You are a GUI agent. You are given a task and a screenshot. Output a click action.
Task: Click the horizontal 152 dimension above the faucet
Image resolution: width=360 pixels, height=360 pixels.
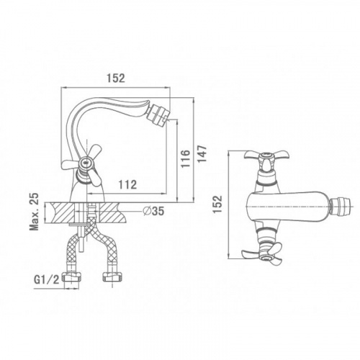(x=116, y=78)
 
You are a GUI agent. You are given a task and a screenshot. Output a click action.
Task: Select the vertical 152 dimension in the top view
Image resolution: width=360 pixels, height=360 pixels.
(x=218, y=204)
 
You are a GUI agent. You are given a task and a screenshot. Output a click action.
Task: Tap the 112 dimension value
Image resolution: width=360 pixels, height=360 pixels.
(x=127, y=184)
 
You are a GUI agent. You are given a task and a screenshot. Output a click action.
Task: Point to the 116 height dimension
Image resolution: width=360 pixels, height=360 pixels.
(x=185, y=159)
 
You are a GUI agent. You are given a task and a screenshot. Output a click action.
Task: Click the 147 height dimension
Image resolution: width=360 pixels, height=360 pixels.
(x=202, y=154)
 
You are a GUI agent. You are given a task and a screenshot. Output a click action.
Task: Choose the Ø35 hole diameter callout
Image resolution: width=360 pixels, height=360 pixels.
(x=153, y=211)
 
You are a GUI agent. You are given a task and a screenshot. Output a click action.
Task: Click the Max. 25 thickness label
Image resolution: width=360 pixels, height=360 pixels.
(x=35, y=212)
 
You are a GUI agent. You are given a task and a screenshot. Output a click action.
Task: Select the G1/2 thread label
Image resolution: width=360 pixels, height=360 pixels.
(x=47, y=280)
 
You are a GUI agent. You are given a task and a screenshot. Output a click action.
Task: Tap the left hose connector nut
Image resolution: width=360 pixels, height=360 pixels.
(x=72, y=276)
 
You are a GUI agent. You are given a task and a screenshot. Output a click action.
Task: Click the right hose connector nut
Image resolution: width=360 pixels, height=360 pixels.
(x=112, y=276)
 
